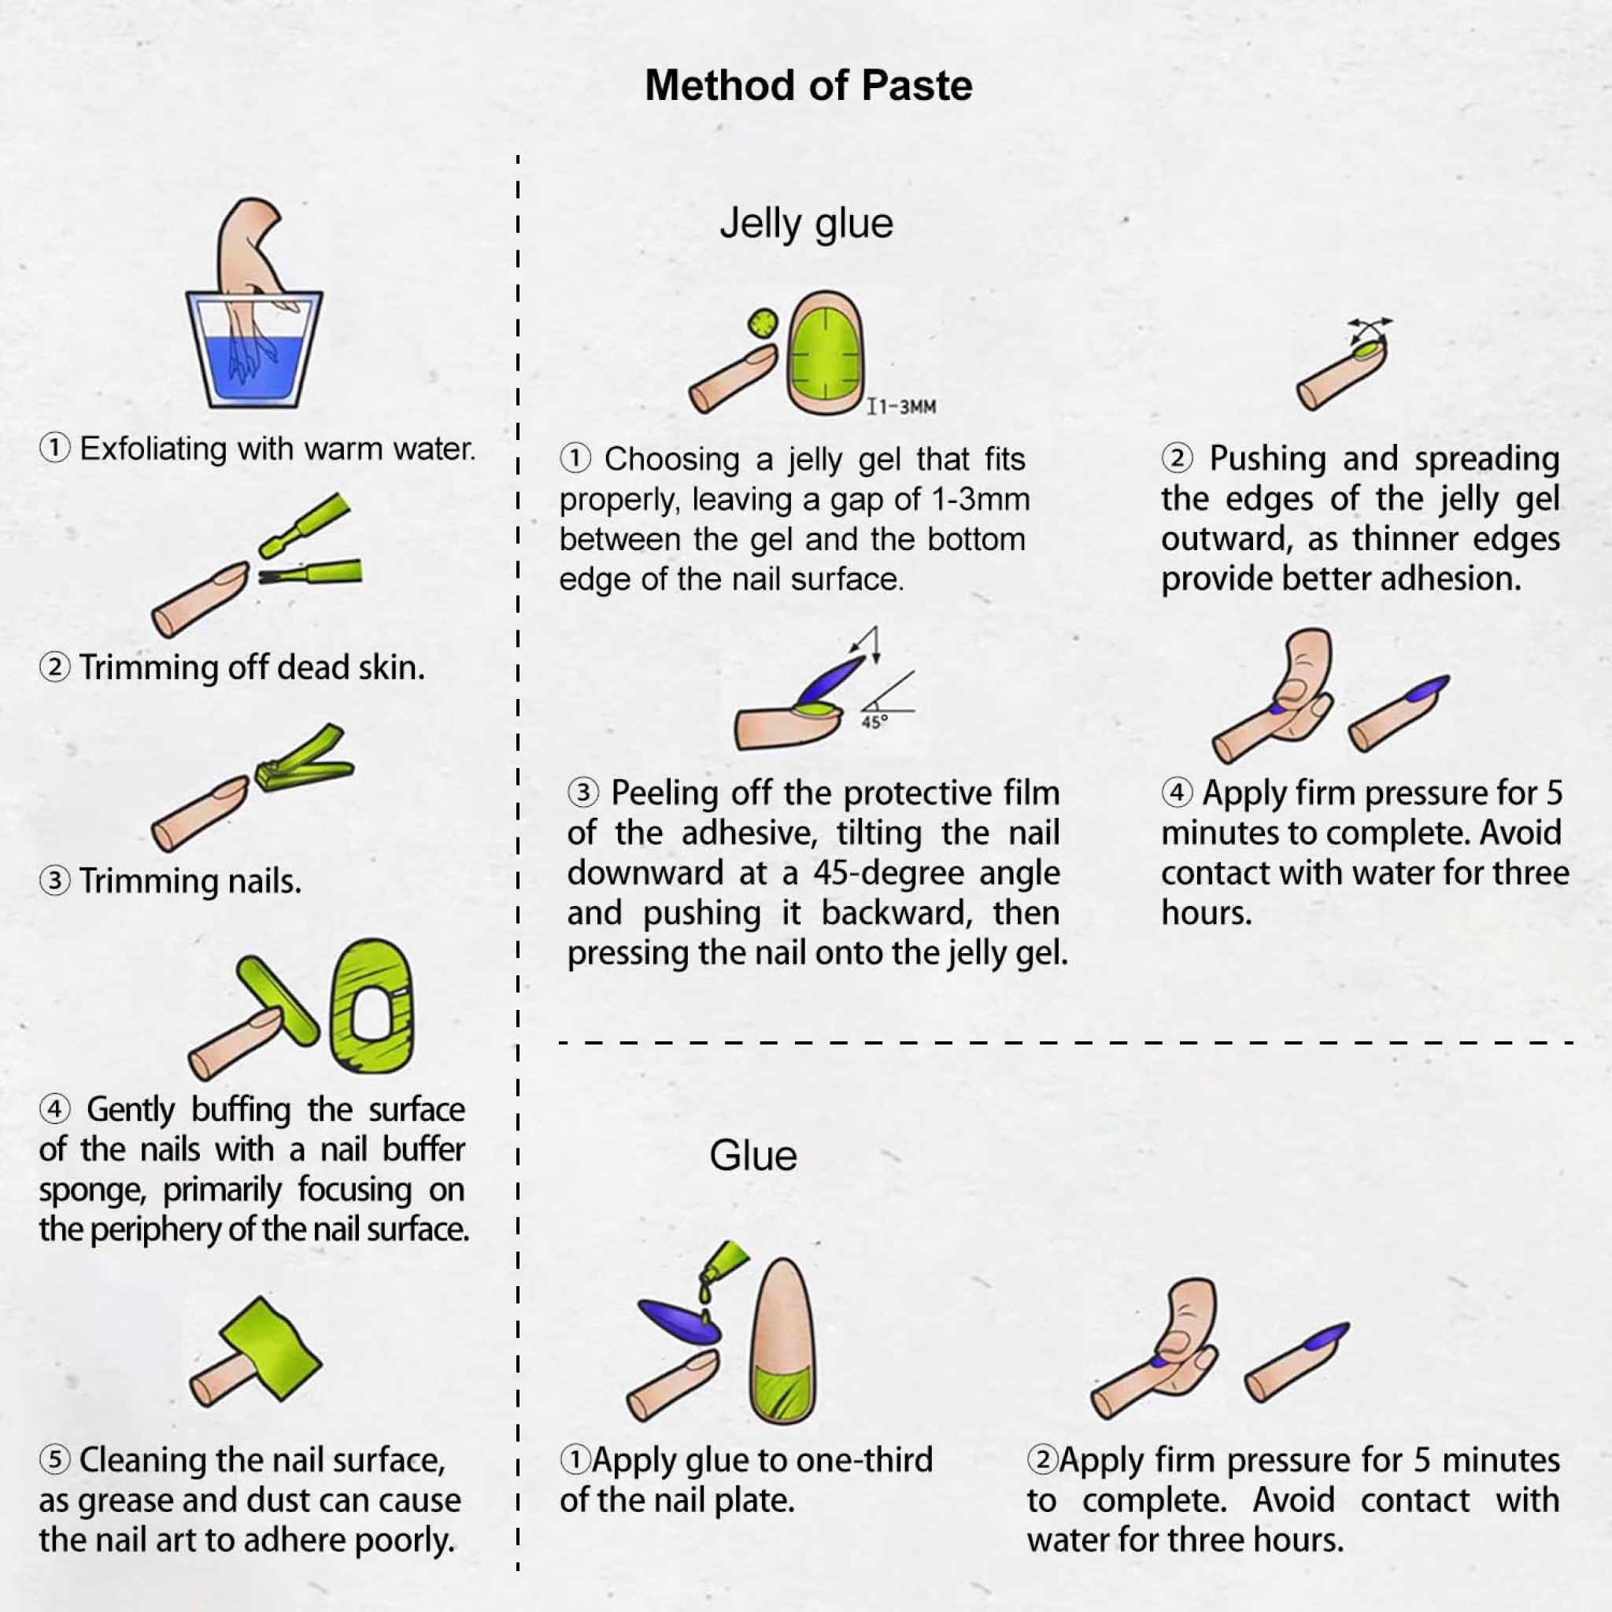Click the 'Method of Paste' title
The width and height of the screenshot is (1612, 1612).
808,85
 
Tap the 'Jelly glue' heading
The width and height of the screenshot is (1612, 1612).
806,224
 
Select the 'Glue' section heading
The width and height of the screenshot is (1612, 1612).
752,1156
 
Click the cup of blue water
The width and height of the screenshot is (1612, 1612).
253,350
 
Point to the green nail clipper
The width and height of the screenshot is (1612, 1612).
305,759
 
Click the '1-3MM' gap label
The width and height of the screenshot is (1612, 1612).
901,407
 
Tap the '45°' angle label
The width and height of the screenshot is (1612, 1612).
874,723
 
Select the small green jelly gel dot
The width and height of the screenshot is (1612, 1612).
763,323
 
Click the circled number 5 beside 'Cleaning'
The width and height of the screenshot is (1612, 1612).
55,1460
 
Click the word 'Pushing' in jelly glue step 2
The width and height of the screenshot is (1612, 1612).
1267,460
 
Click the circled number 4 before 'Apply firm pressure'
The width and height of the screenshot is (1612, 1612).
1177,792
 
